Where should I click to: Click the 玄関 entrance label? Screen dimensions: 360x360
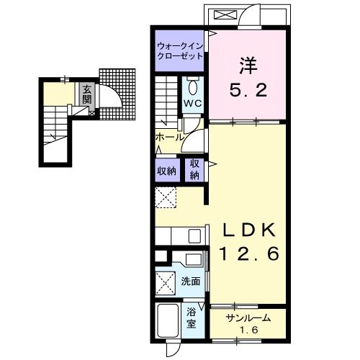coord(87,94)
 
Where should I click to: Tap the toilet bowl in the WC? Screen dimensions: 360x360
coord(192,88)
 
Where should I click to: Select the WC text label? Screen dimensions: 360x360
coord(192,104)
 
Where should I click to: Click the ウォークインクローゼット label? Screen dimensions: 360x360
coord(180,51)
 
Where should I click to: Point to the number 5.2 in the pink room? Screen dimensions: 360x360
coord(248,89)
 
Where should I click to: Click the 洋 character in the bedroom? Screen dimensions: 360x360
coord(248,66)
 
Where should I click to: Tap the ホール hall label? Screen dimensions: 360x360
coord(169,138)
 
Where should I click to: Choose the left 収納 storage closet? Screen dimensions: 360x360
coord(167,171)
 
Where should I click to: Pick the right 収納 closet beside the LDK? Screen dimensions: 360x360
coord(194,170)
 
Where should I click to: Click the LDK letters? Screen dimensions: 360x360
coord(248,230)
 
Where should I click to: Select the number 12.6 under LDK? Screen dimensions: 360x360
coord(249,253)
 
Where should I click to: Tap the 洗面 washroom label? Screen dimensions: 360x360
coord(191,281)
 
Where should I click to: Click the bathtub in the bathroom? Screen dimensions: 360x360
coord(168,321)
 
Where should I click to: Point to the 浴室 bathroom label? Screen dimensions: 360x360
coord(192,318)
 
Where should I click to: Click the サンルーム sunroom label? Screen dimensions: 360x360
coord(248,318)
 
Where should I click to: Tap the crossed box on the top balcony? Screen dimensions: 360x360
coord(225,15)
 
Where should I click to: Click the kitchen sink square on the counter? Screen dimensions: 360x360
coord(194,236)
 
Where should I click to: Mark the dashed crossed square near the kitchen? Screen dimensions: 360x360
coord(166,197)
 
